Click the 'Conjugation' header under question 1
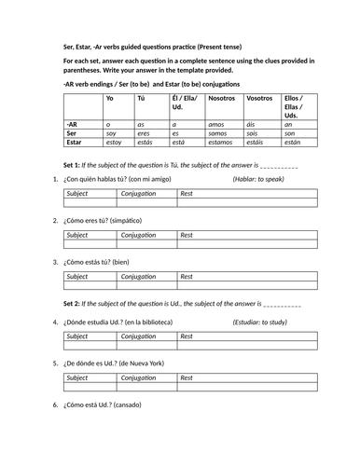pyautogui.click(x=140, y=194)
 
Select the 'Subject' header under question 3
pyautogui.click(x=77, y=277)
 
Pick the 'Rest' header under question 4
pyautogui.click(x=187, y=336)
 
